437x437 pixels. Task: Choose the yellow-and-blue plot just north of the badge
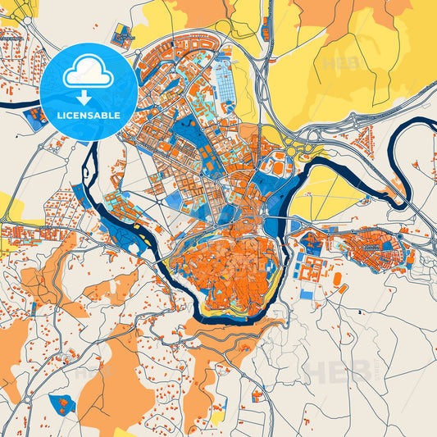pyautogui.click(x=123, y=36)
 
